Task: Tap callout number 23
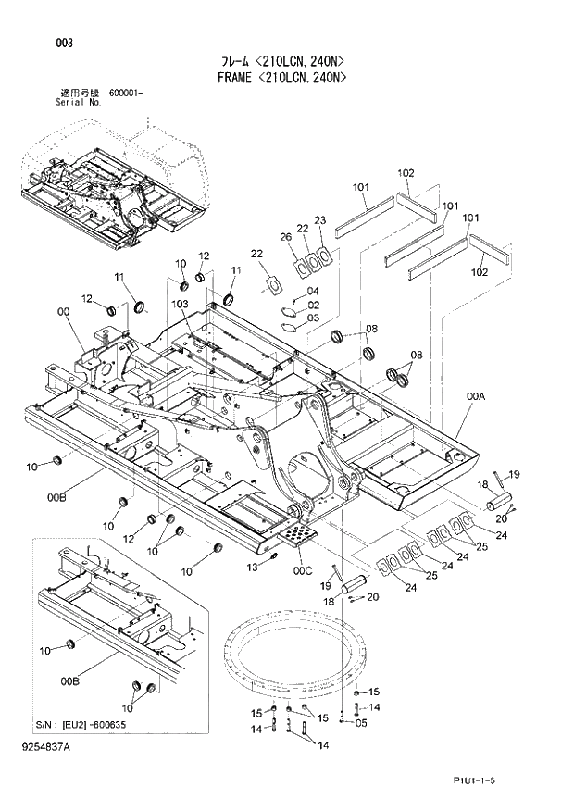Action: pyautogui.click(x=320, y=220)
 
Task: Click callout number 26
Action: pyautogui.click(x=286, y=238)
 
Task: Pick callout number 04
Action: pyautogui.click(x=313, y=292)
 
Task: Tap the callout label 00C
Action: pyautogui.click(x=304, y=570)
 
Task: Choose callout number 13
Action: pyautogui.click(x=252, y=567)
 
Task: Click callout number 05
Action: pyautogui.click(x=361, y=724)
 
